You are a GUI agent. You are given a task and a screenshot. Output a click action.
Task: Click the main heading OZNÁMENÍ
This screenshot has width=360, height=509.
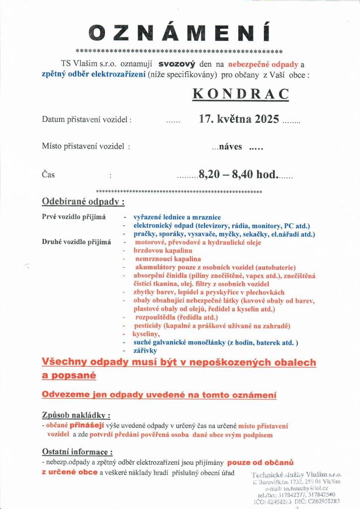pos(180,32)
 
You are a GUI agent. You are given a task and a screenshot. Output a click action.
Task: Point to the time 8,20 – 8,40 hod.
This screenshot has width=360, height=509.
pos(237,174)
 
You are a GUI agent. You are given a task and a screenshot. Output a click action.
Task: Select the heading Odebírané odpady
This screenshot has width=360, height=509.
pos(83,202)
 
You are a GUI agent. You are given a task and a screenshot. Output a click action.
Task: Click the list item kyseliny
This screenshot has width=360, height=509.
pos(146,335)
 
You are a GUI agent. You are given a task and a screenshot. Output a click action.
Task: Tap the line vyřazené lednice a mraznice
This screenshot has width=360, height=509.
pos(177,217)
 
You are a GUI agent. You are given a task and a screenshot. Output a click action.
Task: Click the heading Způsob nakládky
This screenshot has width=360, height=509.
pos(76,415)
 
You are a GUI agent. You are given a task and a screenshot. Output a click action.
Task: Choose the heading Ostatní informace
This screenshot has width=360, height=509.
pos(77,452)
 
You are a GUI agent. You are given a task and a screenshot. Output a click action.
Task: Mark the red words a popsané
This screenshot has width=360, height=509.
pos(69,376)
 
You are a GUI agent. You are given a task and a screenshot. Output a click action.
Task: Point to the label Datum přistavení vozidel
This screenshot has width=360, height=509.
pos(87,120)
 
